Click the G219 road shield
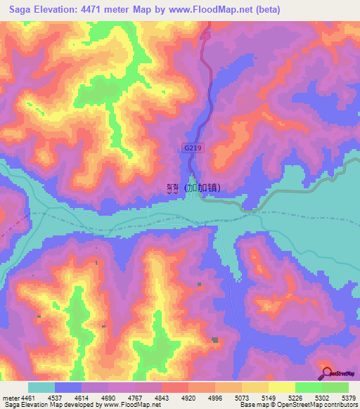(192, 148)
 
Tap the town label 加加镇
(204, 188)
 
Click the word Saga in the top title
(22, 10)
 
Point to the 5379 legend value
(349, 398)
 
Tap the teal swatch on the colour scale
(41, 387)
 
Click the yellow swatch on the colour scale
(281, 387)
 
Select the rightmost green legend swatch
(335, 387)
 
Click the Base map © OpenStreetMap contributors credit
(297, 405)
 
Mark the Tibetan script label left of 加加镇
(172, 188)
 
